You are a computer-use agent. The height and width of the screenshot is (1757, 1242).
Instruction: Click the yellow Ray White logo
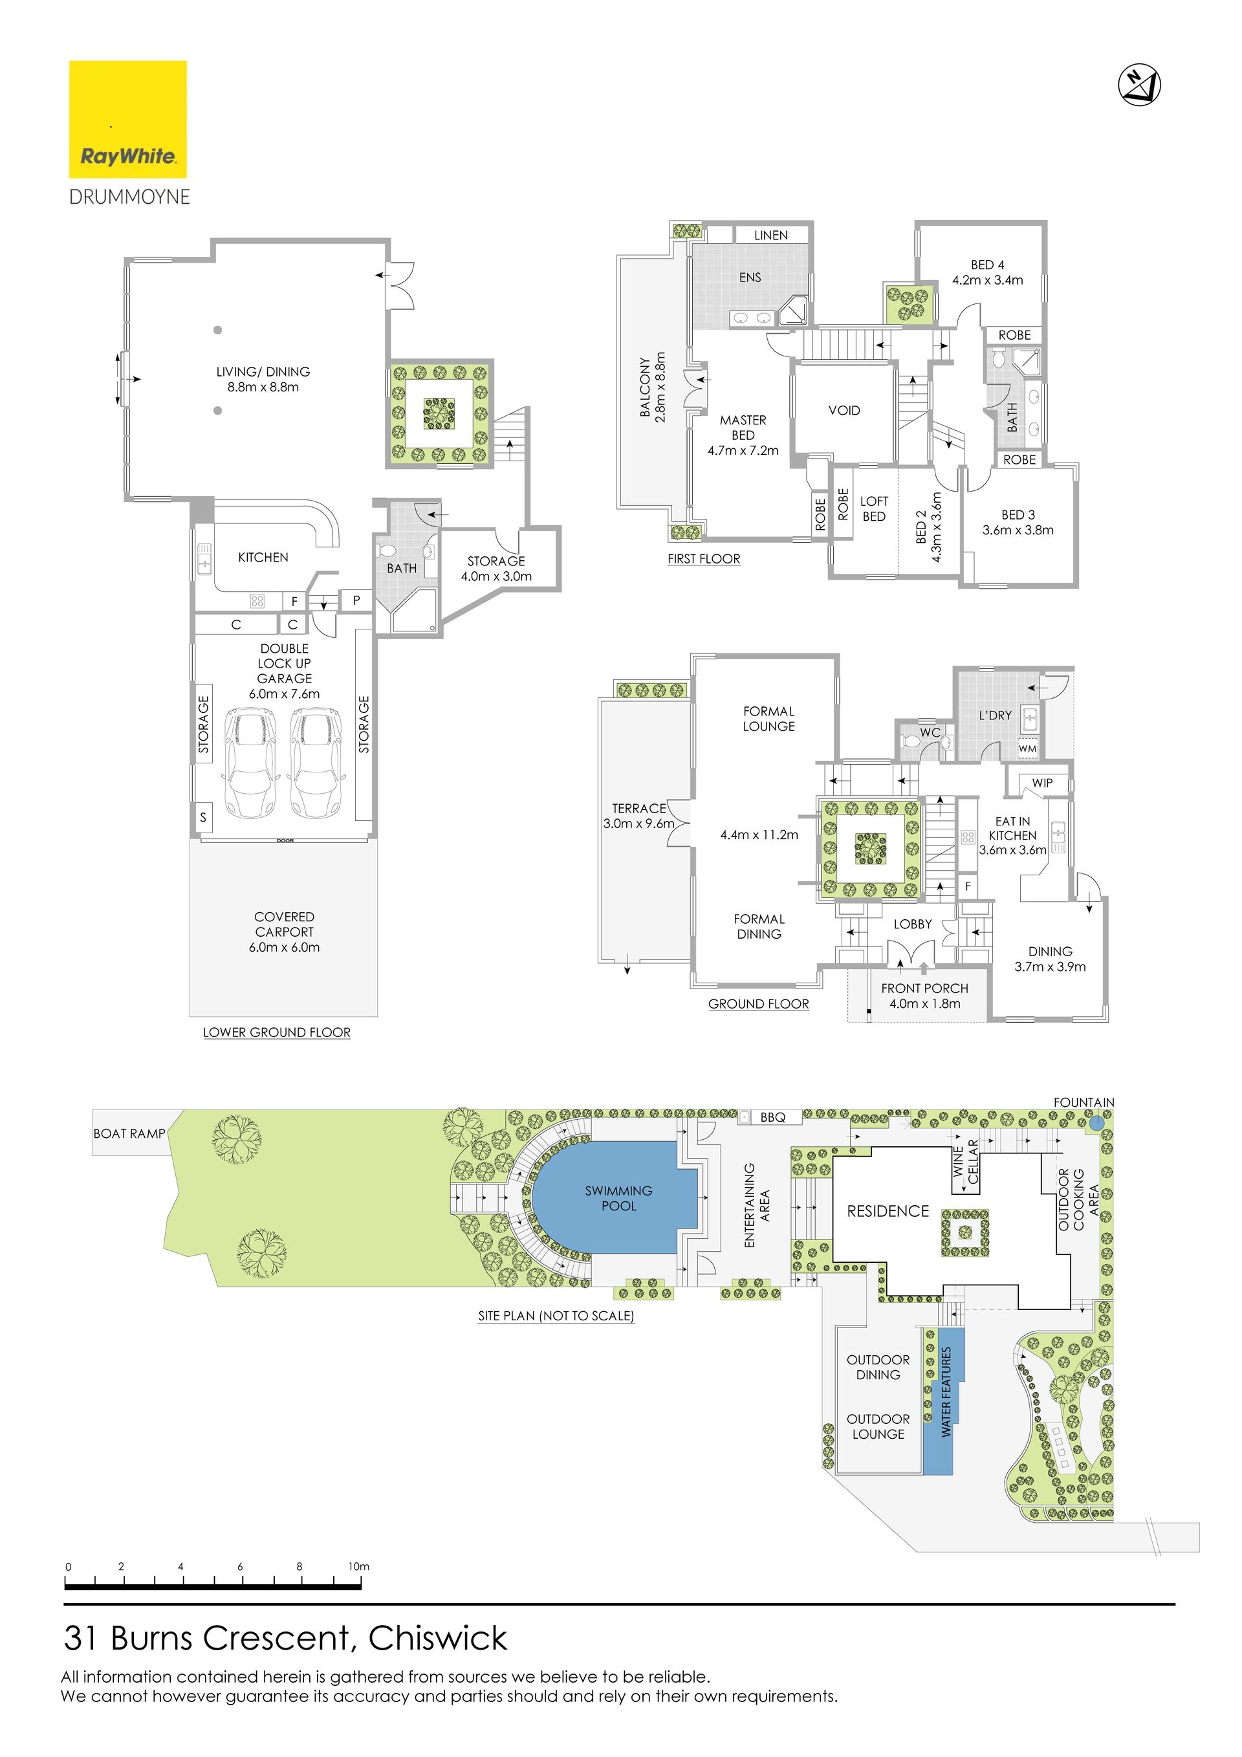(x=128, y=120)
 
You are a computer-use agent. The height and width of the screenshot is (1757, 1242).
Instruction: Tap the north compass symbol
(x=1139, y=84)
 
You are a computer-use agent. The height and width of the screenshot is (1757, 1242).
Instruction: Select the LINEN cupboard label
(x=770, y=235)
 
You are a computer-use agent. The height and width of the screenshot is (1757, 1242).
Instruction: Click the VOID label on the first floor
(x=844, y=410)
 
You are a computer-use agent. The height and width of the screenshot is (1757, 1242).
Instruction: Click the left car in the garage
(x=248, y=763)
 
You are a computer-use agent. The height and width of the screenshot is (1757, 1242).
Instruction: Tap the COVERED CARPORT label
(x=285, y=924)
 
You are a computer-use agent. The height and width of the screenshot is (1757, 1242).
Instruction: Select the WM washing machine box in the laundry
(x=1028, y=748)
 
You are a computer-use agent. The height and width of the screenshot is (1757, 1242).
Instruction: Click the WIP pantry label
(x=1042, y=783)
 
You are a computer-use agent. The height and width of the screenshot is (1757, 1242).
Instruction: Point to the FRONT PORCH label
(x=924, y=988)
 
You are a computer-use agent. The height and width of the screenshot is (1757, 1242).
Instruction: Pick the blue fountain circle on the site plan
(x=1096, y=1124)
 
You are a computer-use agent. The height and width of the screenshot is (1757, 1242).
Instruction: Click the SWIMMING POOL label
(x=618, y=1198)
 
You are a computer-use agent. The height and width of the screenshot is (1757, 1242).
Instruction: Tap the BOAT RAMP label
(x=129, y=1133)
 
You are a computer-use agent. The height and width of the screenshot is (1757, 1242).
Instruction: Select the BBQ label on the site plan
(x=773, y=1117)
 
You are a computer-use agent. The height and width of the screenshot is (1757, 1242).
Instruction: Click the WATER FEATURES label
(x=946, y=1392)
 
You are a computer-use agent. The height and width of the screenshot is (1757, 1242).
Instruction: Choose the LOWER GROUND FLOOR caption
(x=277, y=1032)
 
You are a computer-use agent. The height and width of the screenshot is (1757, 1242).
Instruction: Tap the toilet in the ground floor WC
(x=911, y=741)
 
